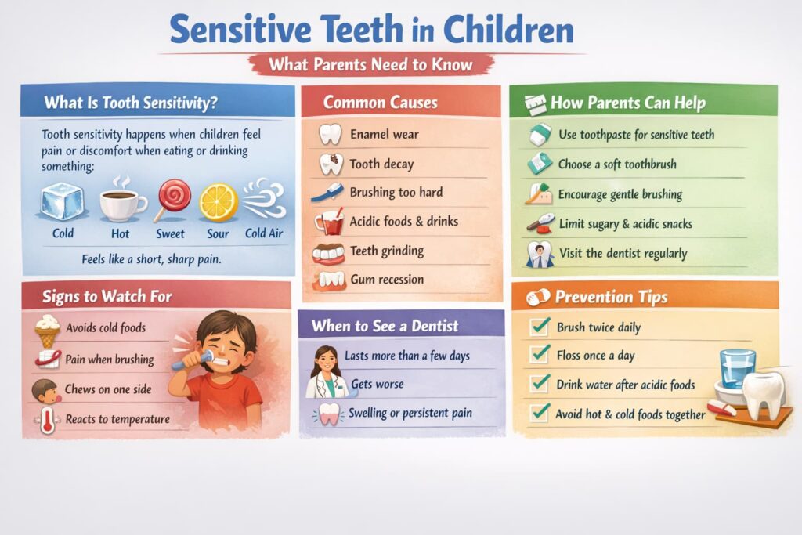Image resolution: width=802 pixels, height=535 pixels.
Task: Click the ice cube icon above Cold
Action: tap(62, 201)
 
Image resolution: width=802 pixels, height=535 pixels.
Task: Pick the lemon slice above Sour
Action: tap(219, 202)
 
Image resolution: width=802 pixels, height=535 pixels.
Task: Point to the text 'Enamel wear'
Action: tap(384, 135)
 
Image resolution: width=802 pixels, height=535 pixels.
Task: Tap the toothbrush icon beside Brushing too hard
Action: tap(327, 193)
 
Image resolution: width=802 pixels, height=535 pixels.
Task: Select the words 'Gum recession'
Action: tap(387, 280)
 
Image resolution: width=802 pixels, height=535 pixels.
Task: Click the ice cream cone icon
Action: tap(48, 331)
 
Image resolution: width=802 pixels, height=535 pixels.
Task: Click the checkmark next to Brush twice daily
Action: tap(540, 326)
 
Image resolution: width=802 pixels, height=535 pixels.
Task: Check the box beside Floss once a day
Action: tap(540, 354)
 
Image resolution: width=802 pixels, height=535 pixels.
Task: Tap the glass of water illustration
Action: tap(737, 369)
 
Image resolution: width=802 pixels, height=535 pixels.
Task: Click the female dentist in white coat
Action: tap(326, 372)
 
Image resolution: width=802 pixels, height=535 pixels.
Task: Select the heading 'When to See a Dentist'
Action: tap(385, 326)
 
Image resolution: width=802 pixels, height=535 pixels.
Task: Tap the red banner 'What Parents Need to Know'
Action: tap(370, 65)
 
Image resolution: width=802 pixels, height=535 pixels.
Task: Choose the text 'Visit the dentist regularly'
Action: tap(623, 253)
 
